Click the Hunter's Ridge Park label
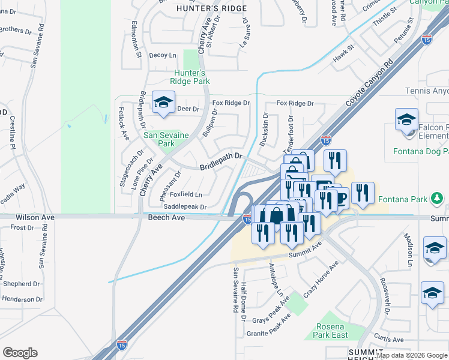click(x=190, y=76)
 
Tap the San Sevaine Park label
click(x=158, y=139)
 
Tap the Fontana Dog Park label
click(x=420, y=151)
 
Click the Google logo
click(x=20, y=353)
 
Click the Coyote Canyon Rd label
click(x=369, y=83)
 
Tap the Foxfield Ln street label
click(x=185, y=194)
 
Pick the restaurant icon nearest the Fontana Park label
click(x=363, y=193)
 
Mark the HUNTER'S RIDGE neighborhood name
click(x=204, y=8)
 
